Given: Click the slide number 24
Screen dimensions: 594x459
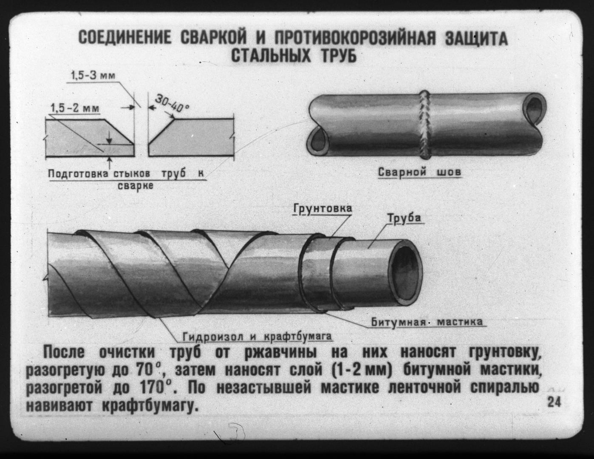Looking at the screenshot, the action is tap(554, 402).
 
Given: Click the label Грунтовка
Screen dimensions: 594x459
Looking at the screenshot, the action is tap(323, 209).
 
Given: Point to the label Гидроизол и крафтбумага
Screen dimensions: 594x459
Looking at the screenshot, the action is tap(257, 337).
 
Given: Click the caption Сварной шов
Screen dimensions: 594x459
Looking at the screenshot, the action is tap(420, 172).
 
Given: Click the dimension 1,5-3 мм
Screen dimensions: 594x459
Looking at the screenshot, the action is tap(93, 75).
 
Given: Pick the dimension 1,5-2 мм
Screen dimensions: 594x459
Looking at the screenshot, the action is tap(75, 108).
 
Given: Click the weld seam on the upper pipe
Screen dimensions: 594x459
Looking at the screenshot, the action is tap(425, 125).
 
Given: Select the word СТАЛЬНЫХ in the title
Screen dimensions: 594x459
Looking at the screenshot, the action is tap(271, 56).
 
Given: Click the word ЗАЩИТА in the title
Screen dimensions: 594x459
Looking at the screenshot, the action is tap(476, 38).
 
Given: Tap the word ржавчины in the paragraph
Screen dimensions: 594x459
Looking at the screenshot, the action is tap(280, 353).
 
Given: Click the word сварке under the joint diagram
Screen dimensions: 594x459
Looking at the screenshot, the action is tap(135, 187).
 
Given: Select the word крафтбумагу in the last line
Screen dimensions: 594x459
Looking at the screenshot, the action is tap(150, 406).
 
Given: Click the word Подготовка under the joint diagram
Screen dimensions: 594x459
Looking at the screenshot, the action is tap(79, 174).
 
